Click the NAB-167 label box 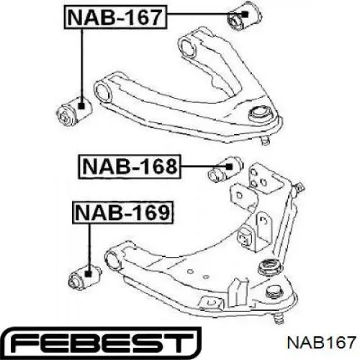(x=115, y=17)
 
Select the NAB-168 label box (x=130, y=166)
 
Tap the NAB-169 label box (x=122, y=212)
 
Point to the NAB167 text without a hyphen (x=321, y=342)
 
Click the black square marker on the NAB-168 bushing (x=230, y=166)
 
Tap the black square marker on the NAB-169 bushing (x=88, y=273)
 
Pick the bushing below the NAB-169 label (x=85, y=276)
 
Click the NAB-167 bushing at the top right (x=244, y=17)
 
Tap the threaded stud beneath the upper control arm (x=265, y=140)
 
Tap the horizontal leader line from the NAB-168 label (x=203, y=166)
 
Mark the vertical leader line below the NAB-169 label (x=89, y=247)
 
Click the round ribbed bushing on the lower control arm (x=271, y=267)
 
